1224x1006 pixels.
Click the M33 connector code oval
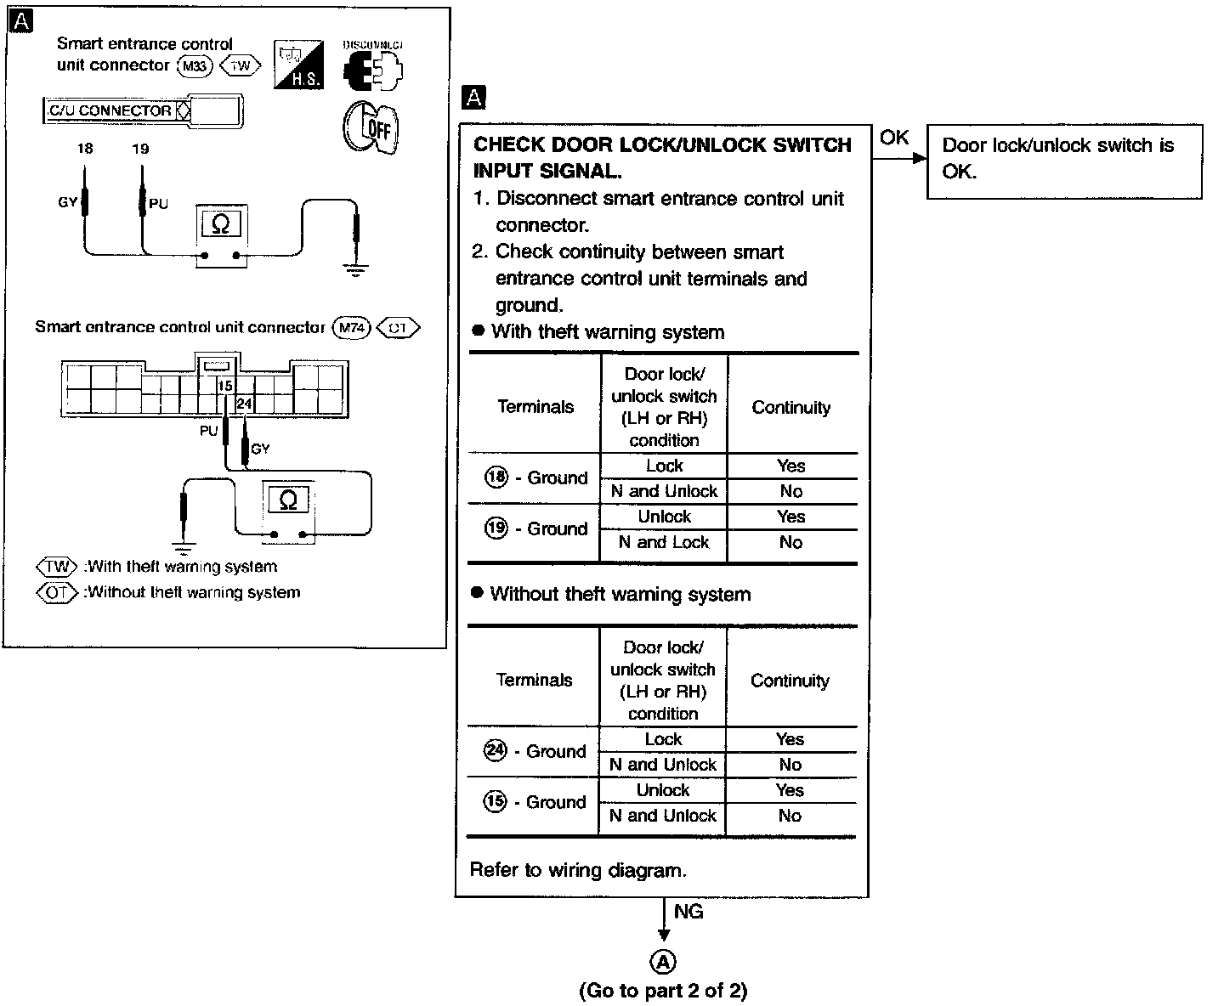tap(195, 66)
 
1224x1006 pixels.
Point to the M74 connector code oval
tap(351, 328)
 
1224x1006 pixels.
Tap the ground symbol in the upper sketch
tap(356, 270)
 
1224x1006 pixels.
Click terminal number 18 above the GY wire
tap(85, 149)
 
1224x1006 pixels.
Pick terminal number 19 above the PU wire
tap(140, 149)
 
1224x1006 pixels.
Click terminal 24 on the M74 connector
tap(244, 404)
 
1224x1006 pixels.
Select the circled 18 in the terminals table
tap(496, 478)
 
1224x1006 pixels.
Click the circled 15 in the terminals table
tap(495, 802)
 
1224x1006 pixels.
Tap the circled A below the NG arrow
tap(663, 962)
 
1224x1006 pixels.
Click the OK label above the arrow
tap(894, 138)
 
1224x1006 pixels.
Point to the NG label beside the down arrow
tap(688, 912)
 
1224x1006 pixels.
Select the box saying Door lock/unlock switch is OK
tap(1063, 161)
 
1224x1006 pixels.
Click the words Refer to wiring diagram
tap(578, 870)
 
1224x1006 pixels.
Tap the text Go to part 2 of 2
tap(663, 991)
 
